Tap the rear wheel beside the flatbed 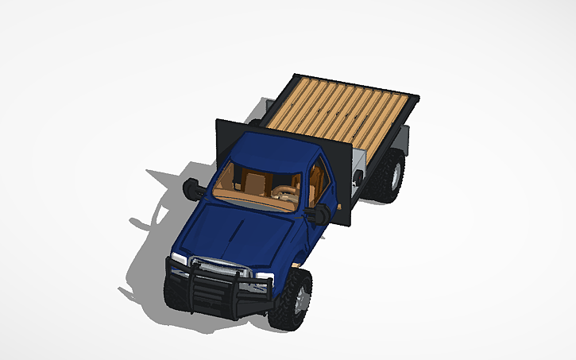click(392, 176)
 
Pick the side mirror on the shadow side click(193, 188)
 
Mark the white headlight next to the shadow click(179, 259)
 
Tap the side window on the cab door click(319, 179)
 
